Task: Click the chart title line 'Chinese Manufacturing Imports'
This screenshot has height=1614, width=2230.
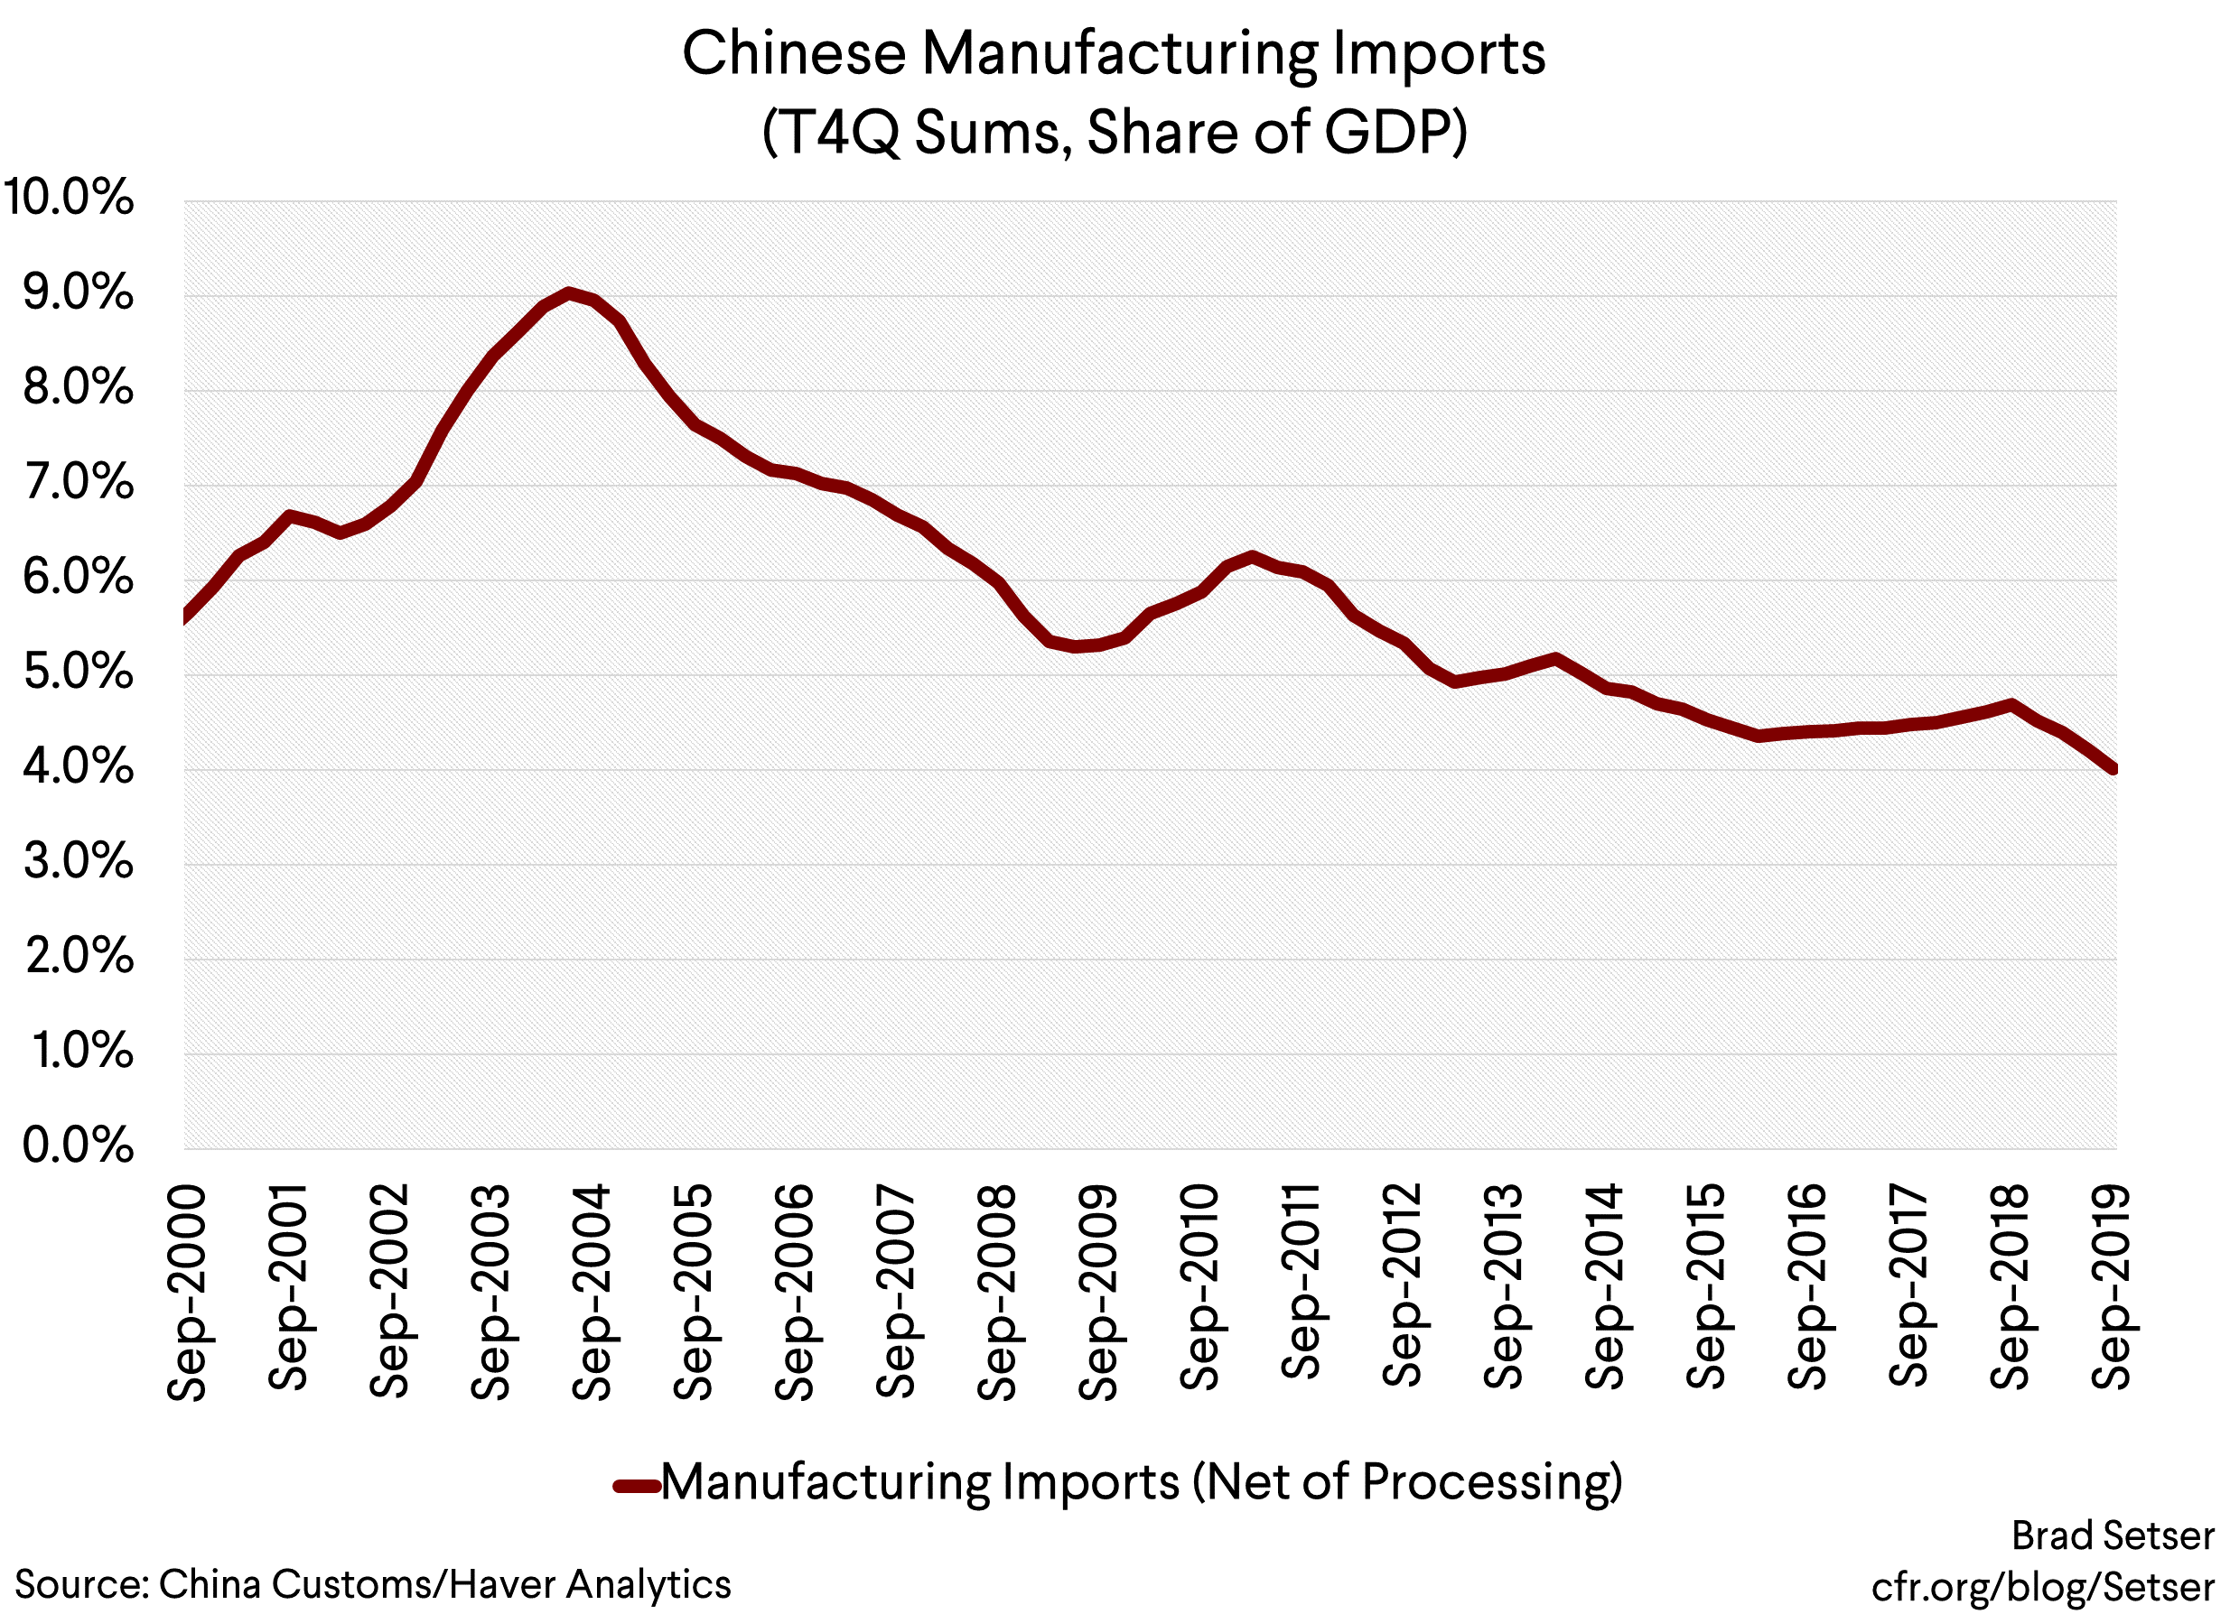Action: point(1113,54)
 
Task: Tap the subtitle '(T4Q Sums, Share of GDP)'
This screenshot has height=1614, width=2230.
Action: point(1113,133)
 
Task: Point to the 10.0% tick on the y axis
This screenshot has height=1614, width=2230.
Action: point(69,198)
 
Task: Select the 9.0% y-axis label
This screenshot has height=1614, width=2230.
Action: point(77,292)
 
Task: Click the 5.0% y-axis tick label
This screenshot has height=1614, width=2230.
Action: point(77,672)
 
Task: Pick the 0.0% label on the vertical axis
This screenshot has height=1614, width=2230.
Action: point(77,1146)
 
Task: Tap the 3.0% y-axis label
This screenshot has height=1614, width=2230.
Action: point(77,862)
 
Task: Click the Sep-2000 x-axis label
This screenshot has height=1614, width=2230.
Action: point(187,1292)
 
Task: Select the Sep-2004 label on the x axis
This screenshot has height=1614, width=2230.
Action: point(592,1292)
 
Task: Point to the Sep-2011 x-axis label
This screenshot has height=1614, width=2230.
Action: point(1300,1282)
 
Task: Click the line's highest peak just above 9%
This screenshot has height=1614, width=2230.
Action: point(568,292)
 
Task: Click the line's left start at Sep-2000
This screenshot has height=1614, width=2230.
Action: point(187,617)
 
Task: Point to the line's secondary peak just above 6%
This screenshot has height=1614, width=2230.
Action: point(1251,557)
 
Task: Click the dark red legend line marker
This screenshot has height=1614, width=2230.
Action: point(636,1485)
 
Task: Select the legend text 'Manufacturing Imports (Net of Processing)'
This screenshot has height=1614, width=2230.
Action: point(1141,1482)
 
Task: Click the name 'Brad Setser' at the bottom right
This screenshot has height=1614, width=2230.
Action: point(2112,1535)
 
